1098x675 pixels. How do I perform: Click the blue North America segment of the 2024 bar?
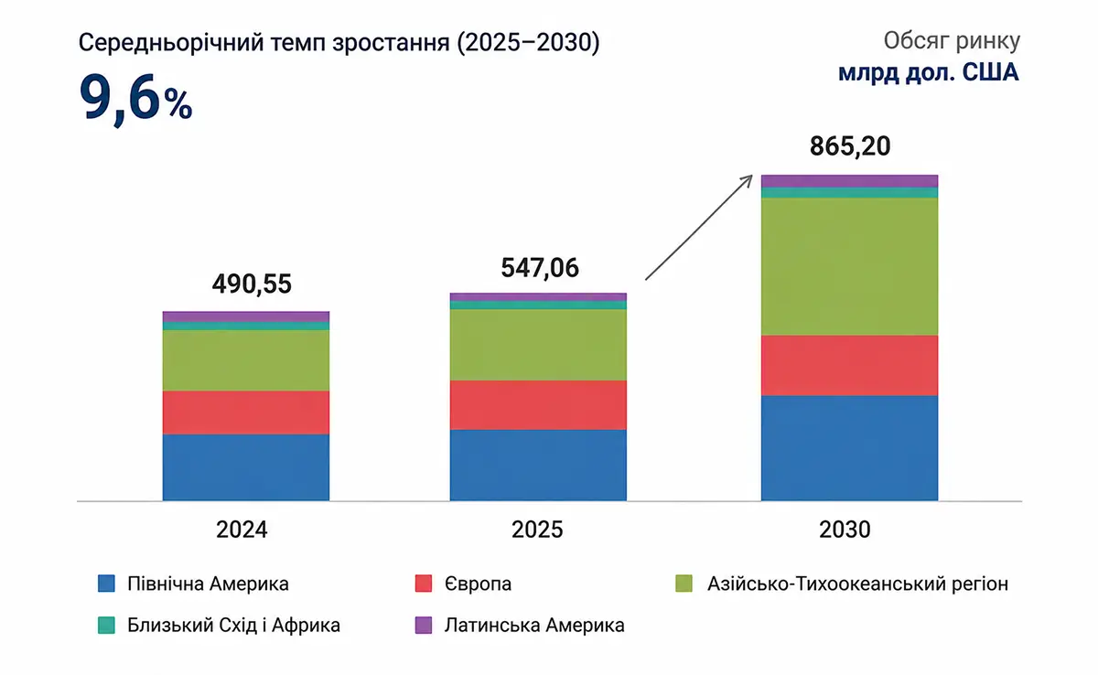pyautogui.click(x=246, y=467)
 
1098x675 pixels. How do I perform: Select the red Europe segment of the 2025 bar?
pyautogui.click(x=538, y=405)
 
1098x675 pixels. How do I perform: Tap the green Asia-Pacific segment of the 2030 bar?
pyautogui.click(x=849, y=266)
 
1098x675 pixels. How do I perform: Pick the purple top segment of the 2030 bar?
pyautogui.click(x=849, y=181)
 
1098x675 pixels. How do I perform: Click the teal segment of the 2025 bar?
pyautogui.click(x=538, y=305)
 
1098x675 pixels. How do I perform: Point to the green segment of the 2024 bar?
pyautogui.click(x=246, y=360)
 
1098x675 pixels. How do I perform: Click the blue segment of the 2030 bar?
pyautogui.click(x=849, y=448)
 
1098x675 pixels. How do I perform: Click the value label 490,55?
pyautogui.click(x=252, y=284)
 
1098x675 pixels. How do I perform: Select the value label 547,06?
pyautogui.click(x=540, y=268)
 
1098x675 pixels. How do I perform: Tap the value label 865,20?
pyautogui.click(x=850, y=146)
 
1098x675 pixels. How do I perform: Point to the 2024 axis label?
pyautogui.click(x=242, y=530)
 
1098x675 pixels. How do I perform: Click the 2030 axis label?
pyautogui.click(x=845, y=530)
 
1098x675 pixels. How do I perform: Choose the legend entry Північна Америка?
pyautogui.click(x=208, y=584)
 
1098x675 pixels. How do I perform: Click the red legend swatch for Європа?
pyautogui.click(x=424, y=584)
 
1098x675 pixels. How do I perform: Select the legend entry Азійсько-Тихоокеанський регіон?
pyautogui.click(x=858, y=584)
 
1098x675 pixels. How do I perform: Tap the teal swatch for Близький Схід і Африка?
pyautogui.click(x=106, y=625)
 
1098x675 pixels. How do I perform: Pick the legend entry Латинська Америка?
pyautogui.click(x=534, y=625)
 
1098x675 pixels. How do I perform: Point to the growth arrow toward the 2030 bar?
pyautogui.click(x=699, y=227)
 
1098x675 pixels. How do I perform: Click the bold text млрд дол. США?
pyautogui.click(x=929, y=72)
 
